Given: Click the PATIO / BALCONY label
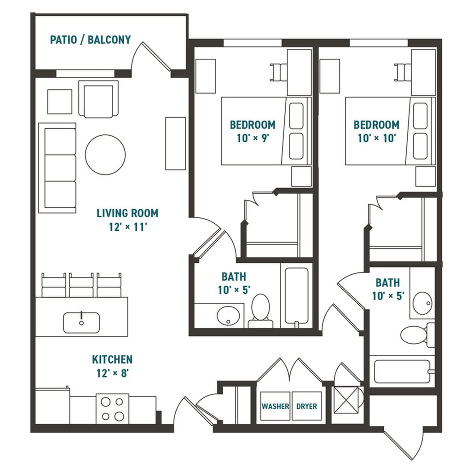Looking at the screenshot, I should coord(90,40).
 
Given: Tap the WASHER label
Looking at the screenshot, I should coord(275,407).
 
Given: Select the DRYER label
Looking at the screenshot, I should coord(306,407).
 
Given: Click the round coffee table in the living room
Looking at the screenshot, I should coord(105,155).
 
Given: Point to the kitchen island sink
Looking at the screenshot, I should coord(81,322).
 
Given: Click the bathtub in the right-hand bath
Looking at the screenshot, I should coord(402,371).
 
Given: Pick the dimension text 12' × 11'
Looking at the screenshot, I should coord(127,227).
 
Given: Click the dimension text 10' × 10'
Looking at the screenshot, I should coord(376,138).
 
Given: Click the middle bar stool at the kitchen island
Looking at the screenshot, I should coord(81,286).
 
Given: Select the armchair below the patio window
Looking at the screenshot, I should coord(98,99).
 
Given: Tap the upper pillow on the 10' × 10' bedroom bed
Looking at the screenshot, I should coord(420,115).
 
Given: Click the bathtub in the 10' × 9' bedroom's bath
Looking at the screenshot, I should coord(296,295).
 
